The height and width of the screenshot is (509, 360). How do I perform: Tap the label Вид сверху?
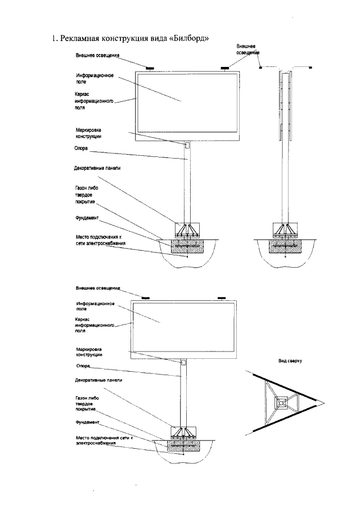[290, 362]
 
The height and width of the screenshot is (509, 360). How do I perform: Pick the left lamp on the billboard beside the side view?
[150, 69]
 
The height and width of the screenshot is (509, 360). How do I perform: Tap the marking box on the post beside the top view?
[182, 363]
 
